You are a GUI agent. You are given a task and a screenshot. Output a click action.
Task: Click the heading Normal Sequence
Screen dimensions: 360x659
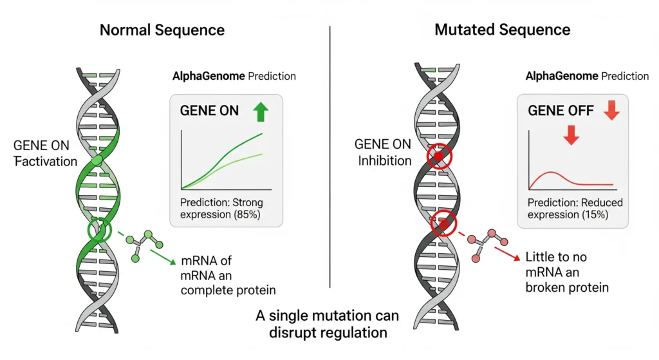tap(162, 30)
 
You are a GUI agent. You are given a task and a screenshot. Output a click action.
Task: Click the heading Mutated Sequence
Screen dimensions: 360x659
tap(502, 30)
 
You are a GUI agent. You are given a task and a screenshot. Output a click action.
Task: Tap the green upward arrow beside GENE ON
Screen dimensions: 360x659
tap(260, 111)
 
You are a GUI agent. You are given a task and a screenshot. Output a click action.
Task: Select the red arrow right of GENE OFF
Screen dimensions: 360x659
tap(611, 111)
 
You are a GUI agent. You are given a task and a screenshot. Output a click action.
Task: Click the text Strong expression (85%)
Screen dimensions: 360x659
tap(221, 209)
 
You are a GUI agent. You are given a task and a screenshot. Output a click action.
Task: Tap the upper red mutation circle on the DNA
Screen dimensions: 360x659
tap(440, 156)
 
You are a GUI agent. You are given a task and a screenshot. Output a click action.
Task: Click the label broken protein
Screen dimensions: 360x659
tap(567, 287)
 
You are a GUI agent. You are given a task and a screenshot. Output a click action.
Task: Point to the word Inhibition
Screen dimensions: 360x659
tap(385, 160)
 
